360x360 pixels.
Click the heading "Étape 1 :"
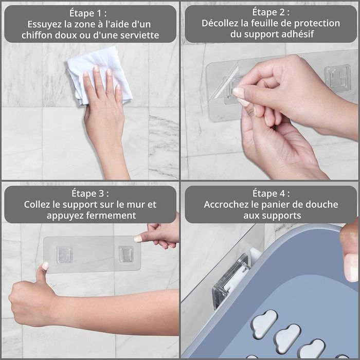[88, 13]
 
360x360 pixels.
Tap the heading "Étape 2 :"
[271, 12]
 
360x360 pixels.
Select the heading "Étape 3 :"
[90, 193]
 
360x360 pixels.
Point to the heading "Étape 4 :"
[271, 193]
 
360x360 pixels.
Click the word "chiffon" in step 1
[37, 35]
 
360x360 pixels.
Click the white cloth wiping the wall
[99, 74]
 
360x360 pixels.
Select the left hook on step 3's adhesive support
[64, 255]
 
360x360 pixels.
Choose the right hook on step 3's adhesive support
[126, 254]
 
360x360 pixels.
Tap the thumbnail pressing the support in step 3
[45, 266]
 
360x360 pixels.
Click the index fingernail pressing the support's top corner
[138, 239]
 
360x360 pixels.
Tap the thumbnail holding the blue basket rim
[351, 267]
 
